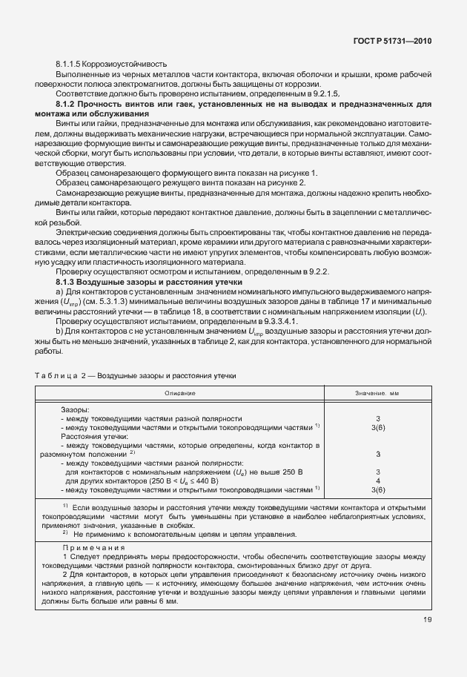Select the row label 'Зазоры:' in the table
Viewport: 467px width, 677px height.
[x=75, y=409]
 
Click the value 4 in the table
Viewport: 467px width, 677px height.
[x=378, y=480]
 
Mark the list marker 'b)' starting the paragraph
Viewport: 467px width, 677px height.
[x=59, y=331]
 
